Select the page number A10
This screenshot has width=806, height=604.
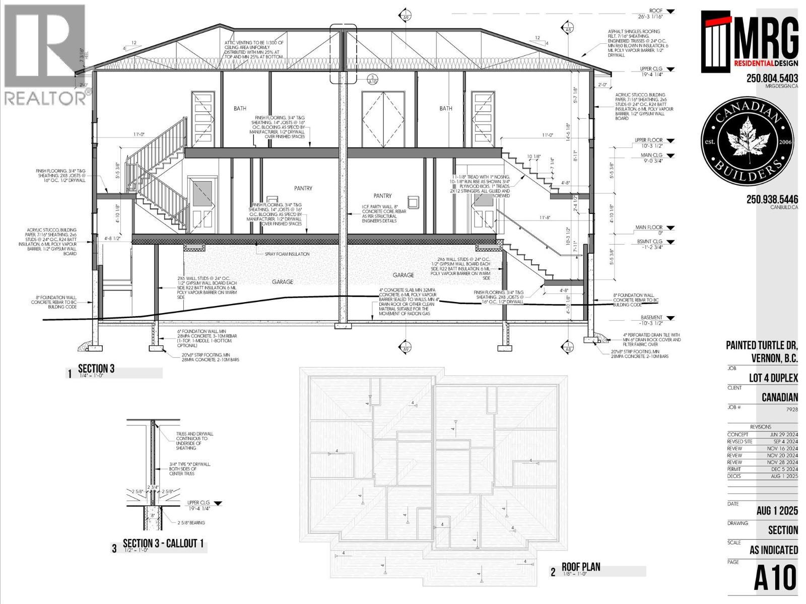click(x=775, y=578)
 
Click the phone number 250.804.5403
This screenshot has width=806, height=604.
click(x=772, y=79)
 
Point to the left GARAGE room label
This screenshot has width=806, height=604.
click(x=282, y=282)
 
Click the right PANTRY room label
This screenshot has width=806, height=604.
click(x=382, y=196)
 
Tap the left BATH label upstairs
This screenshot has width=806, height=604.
click(x=240, y=108)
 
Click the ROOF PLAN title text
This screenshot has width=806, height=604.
click(x=581, y=567)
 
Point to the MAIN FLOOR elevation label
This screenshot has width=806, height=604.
click(x=648, y=228)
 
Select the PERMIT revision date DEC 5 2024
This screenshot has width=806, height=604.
click(x=784, y=469)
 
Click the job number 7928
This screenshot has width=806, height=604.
click(x=792, y=409)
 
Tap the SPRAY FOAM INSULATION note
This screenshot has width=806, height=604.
click(x=287, y=254)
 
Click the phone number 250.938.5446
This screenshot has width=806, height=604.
click(x=772, y=199)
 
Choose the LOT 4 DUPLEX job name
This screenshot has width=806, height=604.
click(x=773, y=378)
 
